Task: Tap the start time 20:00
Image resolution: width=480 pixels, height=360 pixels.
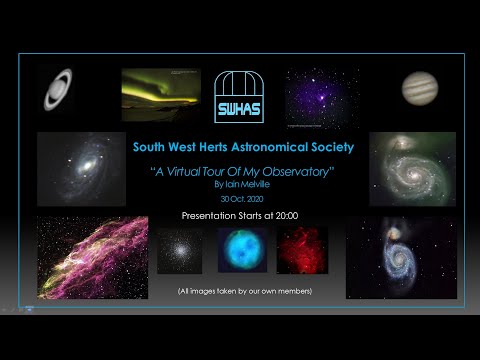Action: click(x=286, y=215)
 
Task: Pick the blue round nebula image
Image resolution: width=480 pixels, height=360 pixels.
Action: click(x=240, y=250)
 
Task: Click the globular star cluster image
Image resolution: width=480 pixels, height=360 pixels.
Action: click(x=179, y=250)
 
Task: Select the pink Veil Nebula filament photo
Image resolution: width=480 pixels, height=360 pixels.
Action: click(x=92, y=257)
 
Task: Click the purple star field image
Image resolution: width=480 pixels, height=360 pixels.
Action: click(x=321, y=99)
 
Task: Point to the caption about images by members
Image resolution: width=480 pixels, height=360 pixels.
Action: click(x=240, y=290)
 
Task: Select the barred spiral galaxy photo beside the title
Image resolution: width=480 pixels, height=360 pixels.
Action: click(x=81, y=168)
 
